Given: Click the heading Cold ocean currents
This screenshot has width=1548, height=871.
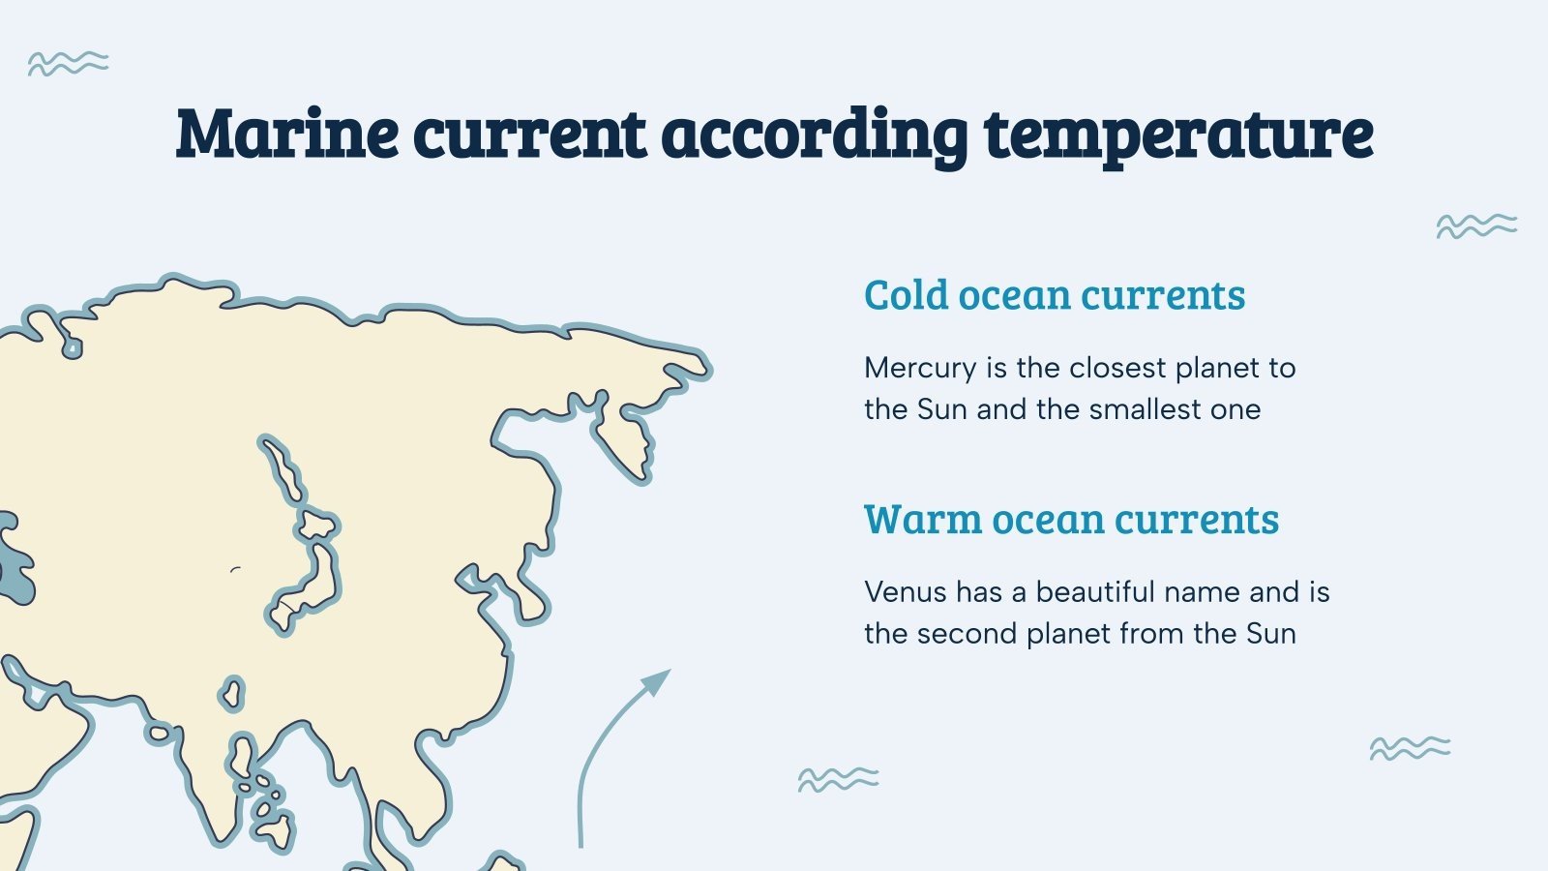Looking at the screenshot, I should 1054,295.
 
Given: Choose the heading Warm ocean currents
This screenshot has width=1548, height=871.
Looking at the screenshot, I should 1071,520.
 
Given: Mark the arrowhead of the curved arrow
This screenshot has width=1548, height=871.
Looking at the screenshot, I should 659,678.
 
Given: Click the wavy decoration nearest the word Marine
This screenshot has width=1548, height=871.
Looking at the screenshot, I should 68,64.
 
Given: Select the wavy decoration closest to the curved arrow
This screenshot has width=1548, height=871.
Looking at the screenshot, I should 838,779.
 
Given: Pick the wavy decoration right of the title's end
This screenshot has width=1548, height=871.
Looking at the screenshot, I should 1476,226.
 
